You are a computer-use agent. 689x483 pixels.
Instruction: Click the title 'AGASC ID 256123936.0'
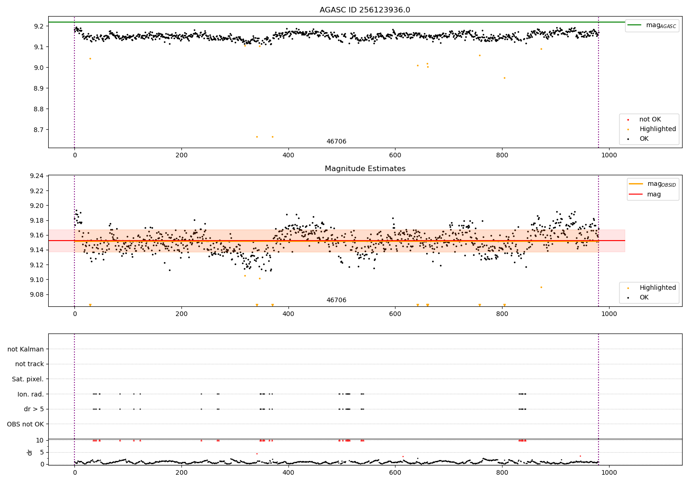(x=365, y=10)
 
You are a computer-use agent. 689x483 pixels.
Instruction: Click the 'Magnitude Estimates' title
(x=365, y=169)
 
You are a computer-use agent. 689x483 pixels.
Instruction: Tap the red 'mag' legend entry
(x=654, y=194)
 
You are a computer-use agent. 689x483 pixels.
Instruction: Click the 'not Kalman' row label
(x=26, y=349)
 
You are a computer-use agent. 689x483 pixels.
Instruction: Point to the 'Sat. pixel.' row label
(x=28, y=379)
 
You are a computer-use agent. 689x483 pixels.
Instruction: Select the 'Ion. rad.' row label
(x=30, y=394)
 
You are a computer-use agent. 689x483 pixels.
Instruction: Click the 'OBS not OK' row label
(x=25, y=424)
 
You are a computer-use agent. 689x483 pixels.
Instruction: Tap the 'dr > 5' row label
(x=34, y=409)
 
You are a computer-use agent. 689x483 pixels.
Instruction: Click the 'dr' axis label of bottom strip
(x=30, y=452)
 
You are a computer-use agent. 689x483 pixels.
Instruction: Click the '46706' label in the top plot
(x=336, y=142)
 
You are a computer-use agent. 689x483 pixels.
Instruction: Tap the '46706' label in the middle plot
(x=336, y=300)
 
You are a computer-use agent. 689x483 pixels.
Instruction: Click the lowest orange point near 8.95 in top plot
(x=504, y=78)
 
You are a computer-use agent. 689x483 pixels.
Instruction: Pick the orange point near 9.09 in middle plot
(x=541, y=287)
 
